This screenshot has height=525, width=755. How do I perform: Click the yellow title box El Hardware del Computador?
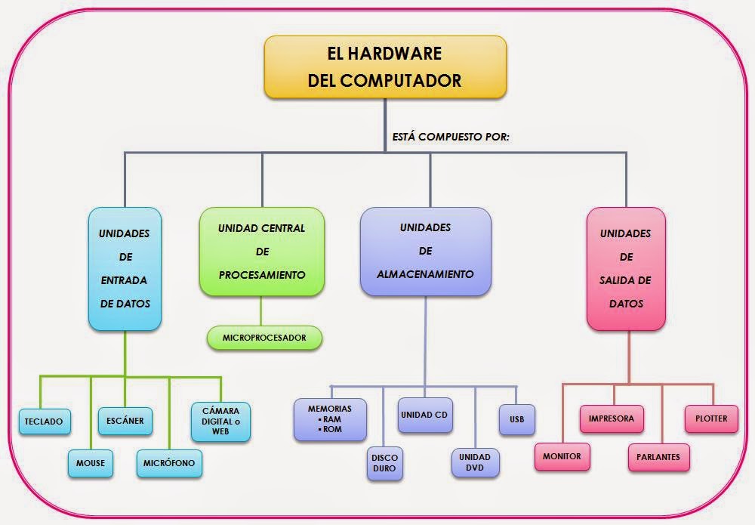(x=385, y=66)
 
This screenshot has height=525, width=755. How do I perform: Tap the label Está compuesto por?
(x=451, y=137)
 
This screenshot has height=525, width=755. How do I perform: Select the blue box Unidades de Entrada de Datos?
(x=125, y=269)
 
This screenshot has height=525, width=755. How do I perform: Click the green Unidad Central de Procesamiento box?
(x=262, y=252)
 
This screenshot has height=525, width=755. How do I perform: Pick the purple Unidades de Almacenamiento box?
(x=426, y=251)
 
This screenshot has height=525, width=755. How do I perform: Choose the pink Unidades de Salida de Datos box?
(x=626, y=269)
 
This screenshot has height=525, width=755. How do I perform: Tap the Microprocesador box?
(x=264, y=338)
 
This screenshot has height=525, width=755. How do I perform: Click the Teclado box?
(x=44, y=421)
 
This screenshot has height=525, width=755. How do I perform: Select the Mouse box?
(x=91, y=462)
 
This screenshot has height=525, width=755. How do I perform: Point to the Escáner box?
(x=125, y=420)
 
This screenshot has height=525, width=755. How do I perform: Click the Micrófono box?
(x=169, y=462)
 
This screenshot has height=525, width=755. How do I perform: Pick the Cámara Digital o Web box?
(x=220, y=421)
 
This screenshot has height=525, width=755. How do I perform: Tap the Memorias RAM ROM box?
(x=330, y=419)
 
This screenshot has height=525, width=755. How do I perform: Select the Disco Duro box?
(x=384, y=462)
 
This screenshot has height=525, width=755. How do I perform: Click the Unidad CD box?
(x=425, y=415)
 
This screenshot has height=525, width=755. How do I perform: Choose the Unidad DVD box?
(x=475, y=462)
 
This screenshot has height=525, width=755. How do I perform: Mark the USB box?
(x=516, y=419)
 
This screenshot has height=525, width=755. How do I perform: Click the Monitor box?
(x=562, y=456)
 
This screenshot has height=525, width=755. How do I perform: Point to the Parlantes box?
(x=658, y=456)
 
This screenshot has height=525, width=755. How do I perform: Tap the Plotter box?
(x=711, y=418)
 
